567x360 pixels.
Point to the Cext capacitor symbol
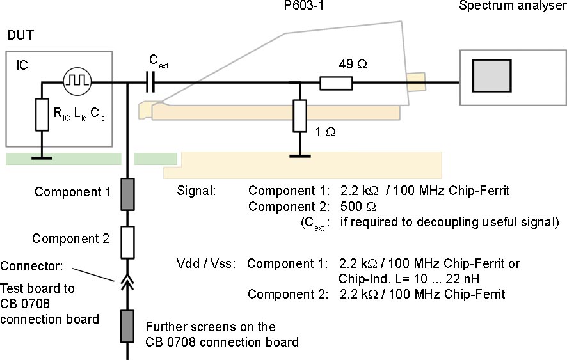click(x=150, y=82)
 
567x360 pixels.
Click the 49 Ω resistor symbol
click(x=336, y=82)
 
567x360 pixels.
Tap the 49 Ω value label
click(x=353, y=64)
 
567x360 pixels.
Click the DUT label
click(x=20, y=37)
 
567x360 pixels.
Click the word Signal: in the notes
click(x=198, y=191)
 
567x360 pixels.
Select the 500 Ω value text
click(x=349, y=207)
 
